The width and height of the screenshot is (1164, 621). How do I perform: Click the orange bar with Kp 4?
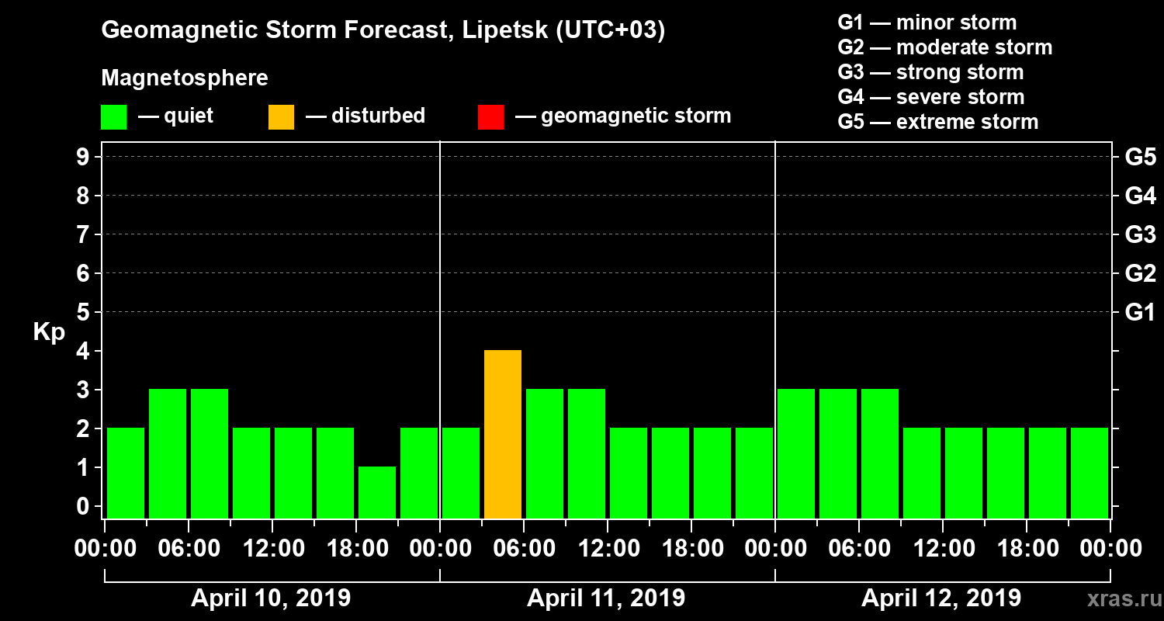pyautogui.click(x=503, y=435)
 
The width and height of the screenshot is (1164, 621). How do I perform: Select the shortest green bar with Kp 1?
pyautogui.click(x=377, y=492)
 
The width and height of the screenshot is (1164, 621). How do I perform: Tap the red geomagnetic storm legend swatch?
pyautogui.click(x=490, y=116)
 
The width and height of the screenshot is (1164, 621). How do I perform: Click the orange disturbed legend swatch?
pyautogui.click(x=281, y=116)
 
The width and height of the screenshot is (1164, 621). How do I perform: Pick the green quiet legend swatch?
pyautogui.click(x=113, y=116)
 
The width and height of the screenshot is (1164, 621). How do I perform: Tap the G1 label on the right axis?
pyautogui.click(x=1140, y=312)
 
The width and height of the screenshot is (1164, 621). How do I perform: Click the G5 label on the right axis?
pyautogui.click(x=1140, y=157)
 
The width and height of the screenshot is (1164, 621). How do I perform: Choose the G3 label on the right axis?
pyautogui.click(x=1140, y=234)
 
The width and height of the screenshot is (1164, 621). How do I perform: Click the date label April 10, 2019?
pyautogui.click(x=271, y=598)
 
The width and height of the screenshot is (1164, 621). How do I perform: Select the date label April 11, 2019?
pyautogui.click(x=606, y=598)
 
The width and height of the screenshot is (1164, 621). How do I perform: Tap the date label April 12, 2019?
pyautogui.click(x=941, y=598)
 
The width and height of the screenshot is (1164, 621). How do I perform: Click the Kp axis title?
pyautogui.click(x=49, y=332)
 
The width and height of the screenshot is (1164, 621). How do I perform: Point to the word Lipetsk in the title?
pyautogui.click(x=501, y=31)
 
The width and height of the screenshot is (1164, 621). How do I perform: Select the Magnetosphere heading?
pyautogui.click(x=185, y=78)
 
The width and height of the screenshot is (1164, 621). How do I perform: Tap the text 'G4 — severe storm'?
pyautogui.click(x=931, y=97)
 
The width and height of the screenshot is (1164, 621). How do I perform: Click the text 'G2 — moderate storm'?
pyautogui.click(x=945, y=47)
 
